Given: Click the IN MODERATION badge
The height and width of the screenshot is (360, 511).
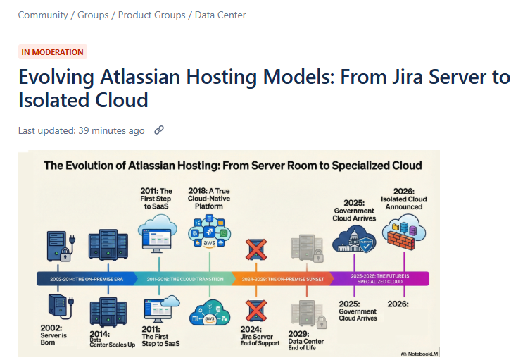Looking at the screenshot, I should pos(52,51).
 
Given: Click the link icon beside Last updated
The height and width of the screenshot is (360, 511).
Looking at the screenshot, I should pos(159,130).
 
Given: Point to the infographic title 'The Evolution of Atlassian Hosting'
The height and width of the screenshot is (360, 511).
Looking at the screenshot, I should pos(233,166).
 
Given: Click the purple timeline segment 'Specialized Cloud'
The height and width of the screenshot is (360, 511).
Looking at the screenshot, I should pos(379,279).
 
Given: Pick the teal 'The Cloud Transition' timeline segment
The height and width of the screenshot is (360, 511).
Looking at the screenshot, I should pos(185,279).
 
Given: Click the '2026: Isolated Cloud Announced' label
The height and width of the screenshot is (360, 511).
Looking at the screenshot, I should pos(404,198).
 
